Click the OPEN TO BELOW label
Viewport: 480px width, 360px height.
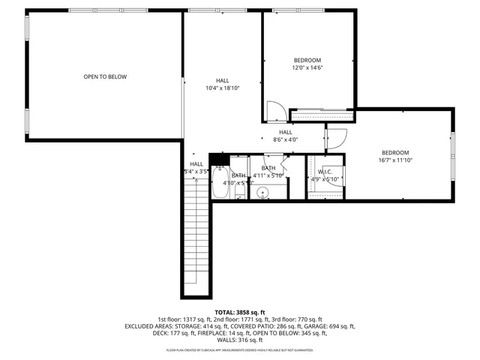click(105, 76)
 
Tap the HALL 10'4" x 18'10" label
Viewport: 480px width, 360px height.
click(223, 85)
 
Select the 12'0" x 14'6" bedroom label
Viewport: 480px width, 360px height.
click(307, 64)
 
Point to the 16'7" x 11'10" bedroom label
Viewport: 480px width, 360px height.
click(395, 156)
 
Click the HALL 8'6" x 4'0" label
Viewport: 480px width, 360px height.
click(285, 136)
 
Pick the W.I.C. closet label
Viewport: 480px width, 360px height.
click(325, 175)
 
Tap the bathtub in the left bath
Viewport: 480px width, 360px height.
click(220, 181)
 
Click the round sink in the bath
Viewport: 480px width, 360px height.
click(263, 193)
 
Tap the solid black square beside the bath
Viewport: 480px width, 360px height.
click(218, 158)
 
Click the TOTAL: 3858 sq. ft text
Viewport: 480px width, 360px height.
click(240, 312)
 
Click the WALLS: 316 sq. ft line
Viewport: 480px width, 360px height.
click(240, 341)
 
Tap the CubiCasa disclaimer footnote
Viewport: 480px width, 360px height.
click(240, 350)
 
